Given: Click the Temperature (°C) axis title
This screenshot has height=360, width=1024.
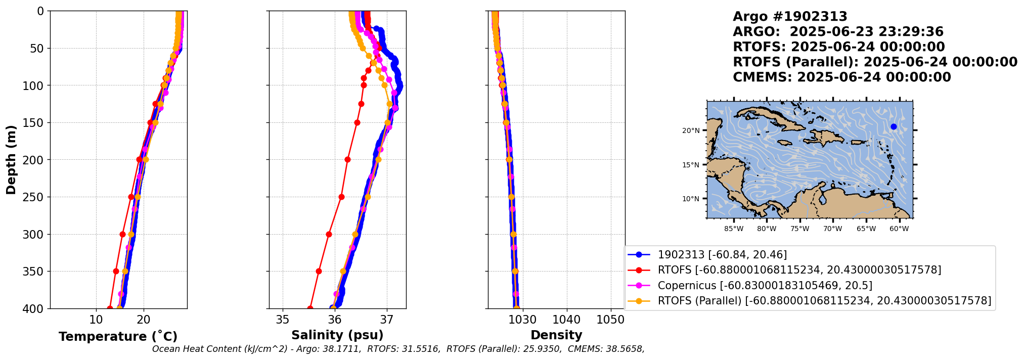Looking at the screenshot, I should tap(118, 337).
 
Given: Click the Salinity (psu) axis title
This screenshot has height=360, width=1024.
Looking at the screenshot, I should tap(337, 335).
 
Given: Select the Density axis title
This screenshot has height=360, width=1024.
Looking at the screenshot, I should tap(556, 335).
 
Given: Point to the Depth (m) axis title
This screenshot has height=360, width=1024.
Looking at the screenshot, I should tap(11, 160).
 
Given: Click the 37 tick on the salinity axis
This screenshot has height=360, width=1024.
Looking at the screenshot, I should tap(387, 320).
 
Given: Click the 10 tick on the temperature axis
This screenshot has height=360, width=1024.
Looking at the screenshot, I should tap(96, 320).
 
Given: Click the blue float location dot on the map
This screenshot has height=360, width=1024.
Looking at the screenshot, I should tap(894, 126).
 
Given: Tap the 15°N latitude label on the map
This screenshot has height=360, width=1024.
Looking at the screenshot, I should tap(691, 165).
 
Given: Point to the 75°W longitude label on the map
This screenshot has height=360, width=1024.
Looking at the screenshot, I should tap(799, 229).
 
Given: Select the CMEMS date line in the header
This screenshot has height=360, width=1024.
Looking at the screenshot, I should tap(841, 77).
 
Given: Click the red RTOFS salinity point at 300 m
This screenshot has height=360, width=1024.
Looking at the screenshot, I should tap(329, 234).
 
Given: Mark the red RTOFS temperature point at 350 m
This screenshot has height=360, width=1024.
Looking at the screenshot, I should tap(116, 272).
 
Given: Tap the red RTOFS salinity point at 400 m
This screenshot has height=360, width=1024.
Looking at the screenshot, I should tap(310, 308).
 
